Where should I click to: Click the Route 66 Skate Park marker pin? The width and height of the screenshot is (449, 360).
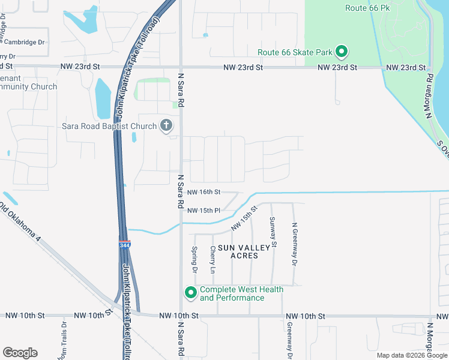[342, 52]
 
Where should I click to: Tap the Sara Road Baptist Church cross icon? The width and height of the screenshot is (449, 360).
[166, 126]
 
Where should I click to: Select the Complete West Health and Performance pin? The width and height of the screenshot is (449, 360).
[191, 293]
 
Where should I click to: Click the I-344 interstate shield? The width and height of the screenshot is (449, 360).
[124, 245]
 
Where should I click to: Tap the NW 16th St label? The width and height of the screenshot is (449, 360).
[204, 192]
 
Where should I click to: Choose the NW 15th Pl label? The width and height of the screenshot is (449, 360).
[204, 211]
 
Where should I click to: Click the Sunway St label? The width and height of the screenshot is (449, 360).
[273, 232]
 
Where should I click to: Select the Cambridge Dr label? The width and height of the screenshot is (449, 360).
[24, 42]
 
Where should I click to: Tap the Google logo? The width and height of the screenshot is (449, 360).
[20, 353]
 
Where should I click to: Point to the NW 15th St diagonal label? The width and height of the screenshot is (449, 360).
[244, 218]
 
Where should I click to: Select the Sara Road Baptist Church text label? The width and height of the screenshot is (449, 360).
[109, 126]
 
